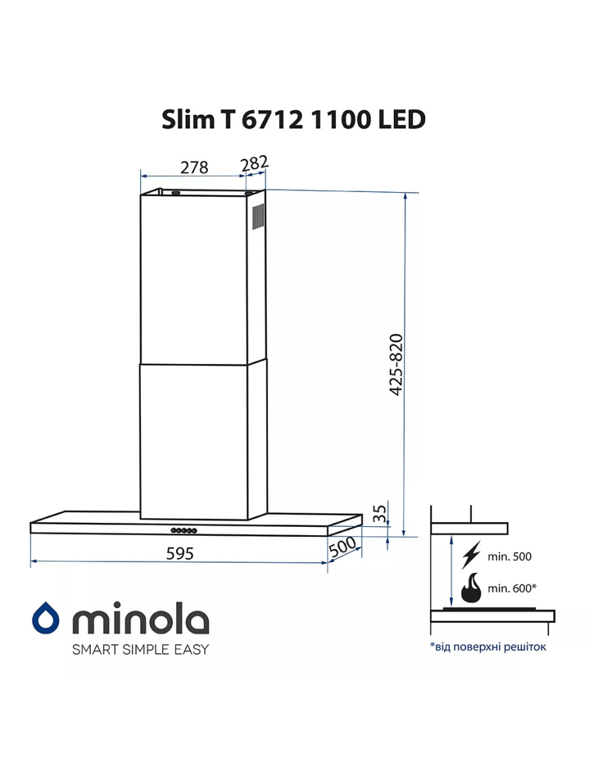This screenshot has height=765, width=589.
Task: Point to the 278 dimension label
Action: coord(194,166)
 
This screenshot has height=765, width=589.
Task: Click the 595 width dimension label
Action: coord(180,553)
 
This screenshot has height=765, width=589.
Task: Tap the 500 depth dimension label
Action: coord(343,547)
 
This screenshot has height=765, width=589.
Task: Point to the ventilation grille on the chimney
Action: coord(258,216)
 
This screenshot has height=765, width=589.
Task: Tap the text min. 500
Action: coord(509,557)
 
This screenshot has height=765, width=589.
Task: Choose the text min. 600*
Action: coord(512,588)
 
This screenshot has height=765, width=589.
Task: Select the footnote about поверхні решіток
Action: coord(487,647)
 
